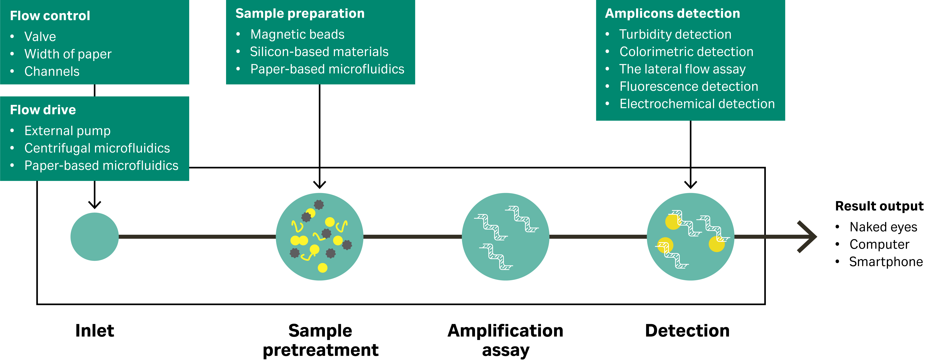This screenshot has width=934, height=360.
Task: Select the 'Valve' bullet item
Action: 40,37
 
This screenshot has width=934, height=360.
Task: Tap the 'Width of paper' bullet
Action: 68,54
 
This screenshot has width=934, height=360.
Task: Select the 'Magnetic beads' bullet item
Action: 297,34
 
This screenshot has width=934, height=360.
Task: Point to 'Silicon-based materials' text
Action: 319,52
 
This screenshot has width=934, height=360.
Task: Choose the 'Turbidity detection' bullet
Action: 675,34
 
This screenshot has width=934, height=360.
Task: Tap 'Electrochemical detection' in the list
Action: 697,104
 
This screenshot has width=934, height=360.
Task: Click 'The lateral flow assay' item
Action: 682,69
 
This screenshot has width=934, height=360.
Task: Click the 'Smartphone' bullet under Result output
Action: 886,262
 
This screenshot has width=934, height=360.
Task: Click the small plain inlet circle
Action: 95,237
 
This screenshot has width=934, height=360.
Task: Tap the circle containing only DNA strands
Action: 505,237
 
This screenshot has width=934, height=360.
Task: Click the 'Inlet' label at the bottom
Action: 95,331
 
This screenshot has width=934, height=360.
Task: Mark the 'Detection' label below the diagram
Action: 687,331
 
